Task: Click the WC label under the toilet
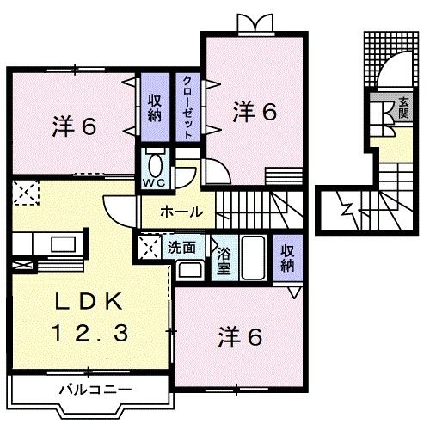tap(155, 183)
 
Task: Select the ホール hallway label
tap(181, 211)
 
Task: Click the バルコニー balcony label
tap(95, 390)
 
